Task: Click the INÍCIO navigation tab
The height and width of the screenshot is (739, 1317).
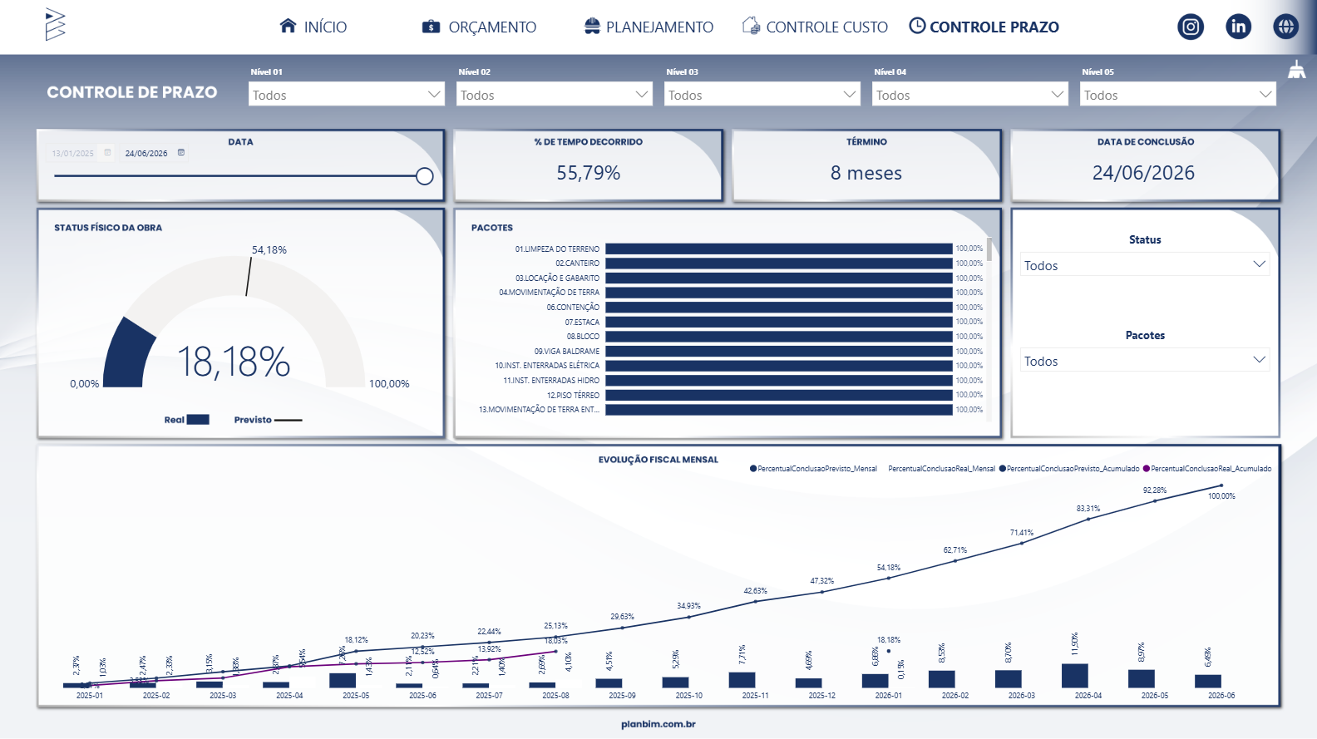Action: pos(313,27)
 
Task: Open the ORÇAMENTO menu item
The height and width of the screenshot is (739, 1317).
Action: pos(480,27)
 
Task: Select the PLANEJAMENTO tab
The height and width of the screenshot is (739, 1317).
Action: pos(649,27)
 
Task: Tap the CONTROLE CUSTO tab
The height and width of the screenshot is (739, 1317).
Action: pos(815,27)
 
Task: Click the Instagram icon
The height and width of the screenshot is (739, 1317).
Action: pos(1191,27)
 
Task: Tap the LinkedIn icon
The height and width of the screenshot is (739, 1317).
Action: pos(1238,27)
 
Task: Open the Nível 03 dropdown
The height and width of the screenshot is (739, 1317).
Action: pos(762,95)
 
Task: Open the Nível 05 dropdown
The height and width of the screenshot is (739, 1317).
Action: pos(1177,95)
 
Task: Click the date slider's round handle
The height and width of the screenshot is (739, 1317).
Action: pos(424,176)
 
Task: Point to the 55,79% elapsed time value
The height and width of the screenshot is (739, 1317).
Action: pos(589,173)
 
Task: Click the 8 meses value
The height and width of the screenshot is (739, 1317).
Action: pos(866,173)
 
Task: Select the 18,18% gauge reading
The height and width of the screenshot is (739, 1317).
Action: pos(234,362)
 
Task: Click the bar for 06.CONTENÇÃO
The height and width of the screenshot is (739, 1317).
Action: pos(778,308)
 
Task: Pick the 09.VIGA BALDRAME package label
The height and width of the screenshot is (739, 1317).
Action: pos(566,352)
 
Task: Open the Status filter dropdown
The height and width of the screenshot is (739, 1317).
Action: pos(1145,265)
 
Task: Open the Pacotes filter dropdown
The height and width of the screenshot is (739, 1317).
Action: pos(1145,361)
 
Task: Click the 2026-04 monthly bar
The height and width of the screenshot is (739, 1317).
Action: pos(1075,676)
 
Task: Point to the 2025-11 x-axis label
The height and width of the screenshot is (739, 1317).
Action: pos(755,696)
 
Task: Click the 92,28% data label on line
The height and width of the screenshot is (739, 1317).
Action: pos(1155,490)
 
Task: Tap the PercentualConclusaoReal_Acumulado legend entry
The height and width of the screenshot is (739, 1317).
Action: pos(1211,469)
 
